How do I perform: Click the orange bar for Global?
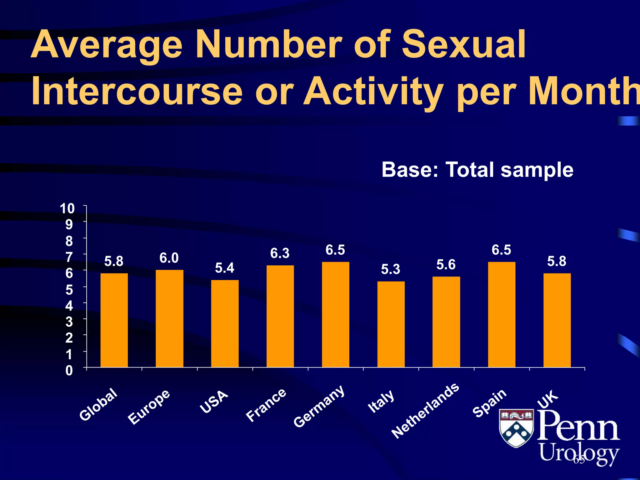(114, 320)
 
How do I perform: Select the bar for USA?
(225, 323)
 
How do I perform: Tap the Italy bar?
(391, 324)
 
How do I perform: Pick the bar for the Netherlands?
(446, 322)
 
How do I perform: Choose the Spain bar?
(502, 314)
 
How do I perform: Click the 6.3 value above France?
(280, 253)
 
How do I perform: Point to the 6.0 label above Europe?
(169, 258)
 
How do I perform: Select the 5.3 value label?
(391, 269)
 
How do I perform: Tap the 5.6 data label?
(446, 265)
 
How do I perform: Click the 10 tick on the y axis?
(67, 208)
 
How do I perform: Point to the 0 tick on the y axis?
(69, 371)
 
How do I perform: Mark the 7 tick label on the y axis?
(69, 257)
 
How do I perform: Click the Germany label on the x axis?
(319, 406)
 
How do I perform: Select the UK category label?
(547, 399)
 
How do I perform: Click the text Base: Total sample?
(477, 170)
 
